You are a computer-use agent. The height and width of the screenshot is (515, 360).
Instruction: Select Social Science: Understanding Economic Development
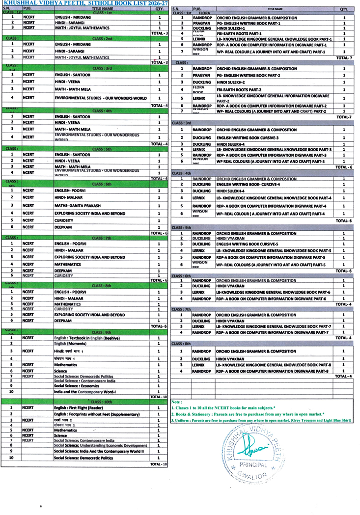pyautogui.click(x=100, y=445)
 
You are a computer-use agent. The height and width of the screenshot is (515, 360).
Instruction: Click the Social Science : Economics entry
pyautogui.click(x=79, y=386)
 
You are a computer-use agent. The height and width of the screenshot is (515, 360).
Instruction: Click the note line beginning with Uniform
pyautogui.click(x=261, y=421)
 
